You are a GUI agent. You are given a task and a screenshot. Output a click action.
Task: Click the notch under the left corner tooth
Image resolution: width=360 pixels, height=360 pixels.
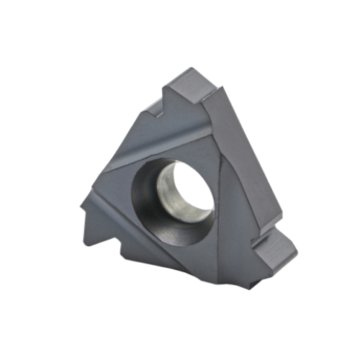tap(101, 223)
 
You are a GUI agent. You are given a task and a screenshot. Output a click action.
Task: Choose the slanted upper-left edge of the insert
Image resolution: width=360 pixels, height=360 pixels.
tap(130, 144)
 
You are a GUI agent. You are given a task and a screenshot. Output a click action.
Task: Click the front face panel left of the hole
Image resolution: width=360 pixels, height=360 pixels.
tap(119, 187)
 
